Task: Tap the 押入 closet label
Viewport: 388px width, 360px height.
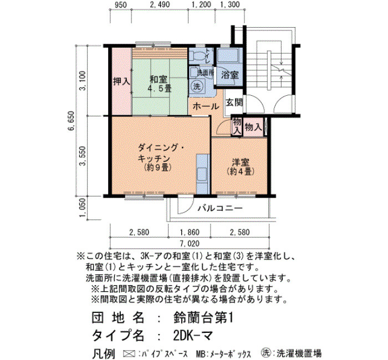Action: pos(121,81)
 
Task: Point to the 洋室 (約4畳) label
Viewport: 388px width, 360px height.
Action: pos(240,167)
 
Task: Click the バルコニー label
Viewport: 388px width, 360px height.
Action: pos(220,208)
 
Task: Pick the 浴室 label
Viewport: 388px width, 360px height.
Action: pos(229,75)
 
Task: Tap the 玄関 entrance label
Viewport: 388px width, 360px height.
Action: pos(234,102)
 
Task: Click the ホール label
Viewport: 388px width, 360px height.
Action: pos(206,106)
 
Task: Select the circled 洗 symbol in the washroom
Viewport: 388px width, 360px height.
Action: pos(197,86)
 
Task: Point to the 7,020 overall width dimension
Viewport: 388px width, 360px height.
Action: pos(190,244)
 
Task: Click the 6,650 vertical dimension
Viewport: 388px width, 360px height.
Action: pos(71,121)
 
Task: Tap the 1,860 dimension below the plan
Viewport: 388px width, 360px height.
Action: pos(190,233)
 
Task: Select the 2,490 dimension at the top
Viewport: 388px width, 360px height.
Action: pos(160,4)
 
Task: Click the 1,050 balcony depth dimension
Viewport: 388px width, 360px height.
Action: pos(83,208)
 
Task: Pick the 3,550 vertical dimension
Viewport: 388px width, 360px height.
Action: pos(83,156)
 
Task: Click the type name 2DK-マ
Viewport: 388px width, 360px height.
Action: pos(193,336)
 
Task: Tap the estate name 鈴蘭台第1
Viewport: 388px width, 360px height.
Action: pos(203,318)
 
